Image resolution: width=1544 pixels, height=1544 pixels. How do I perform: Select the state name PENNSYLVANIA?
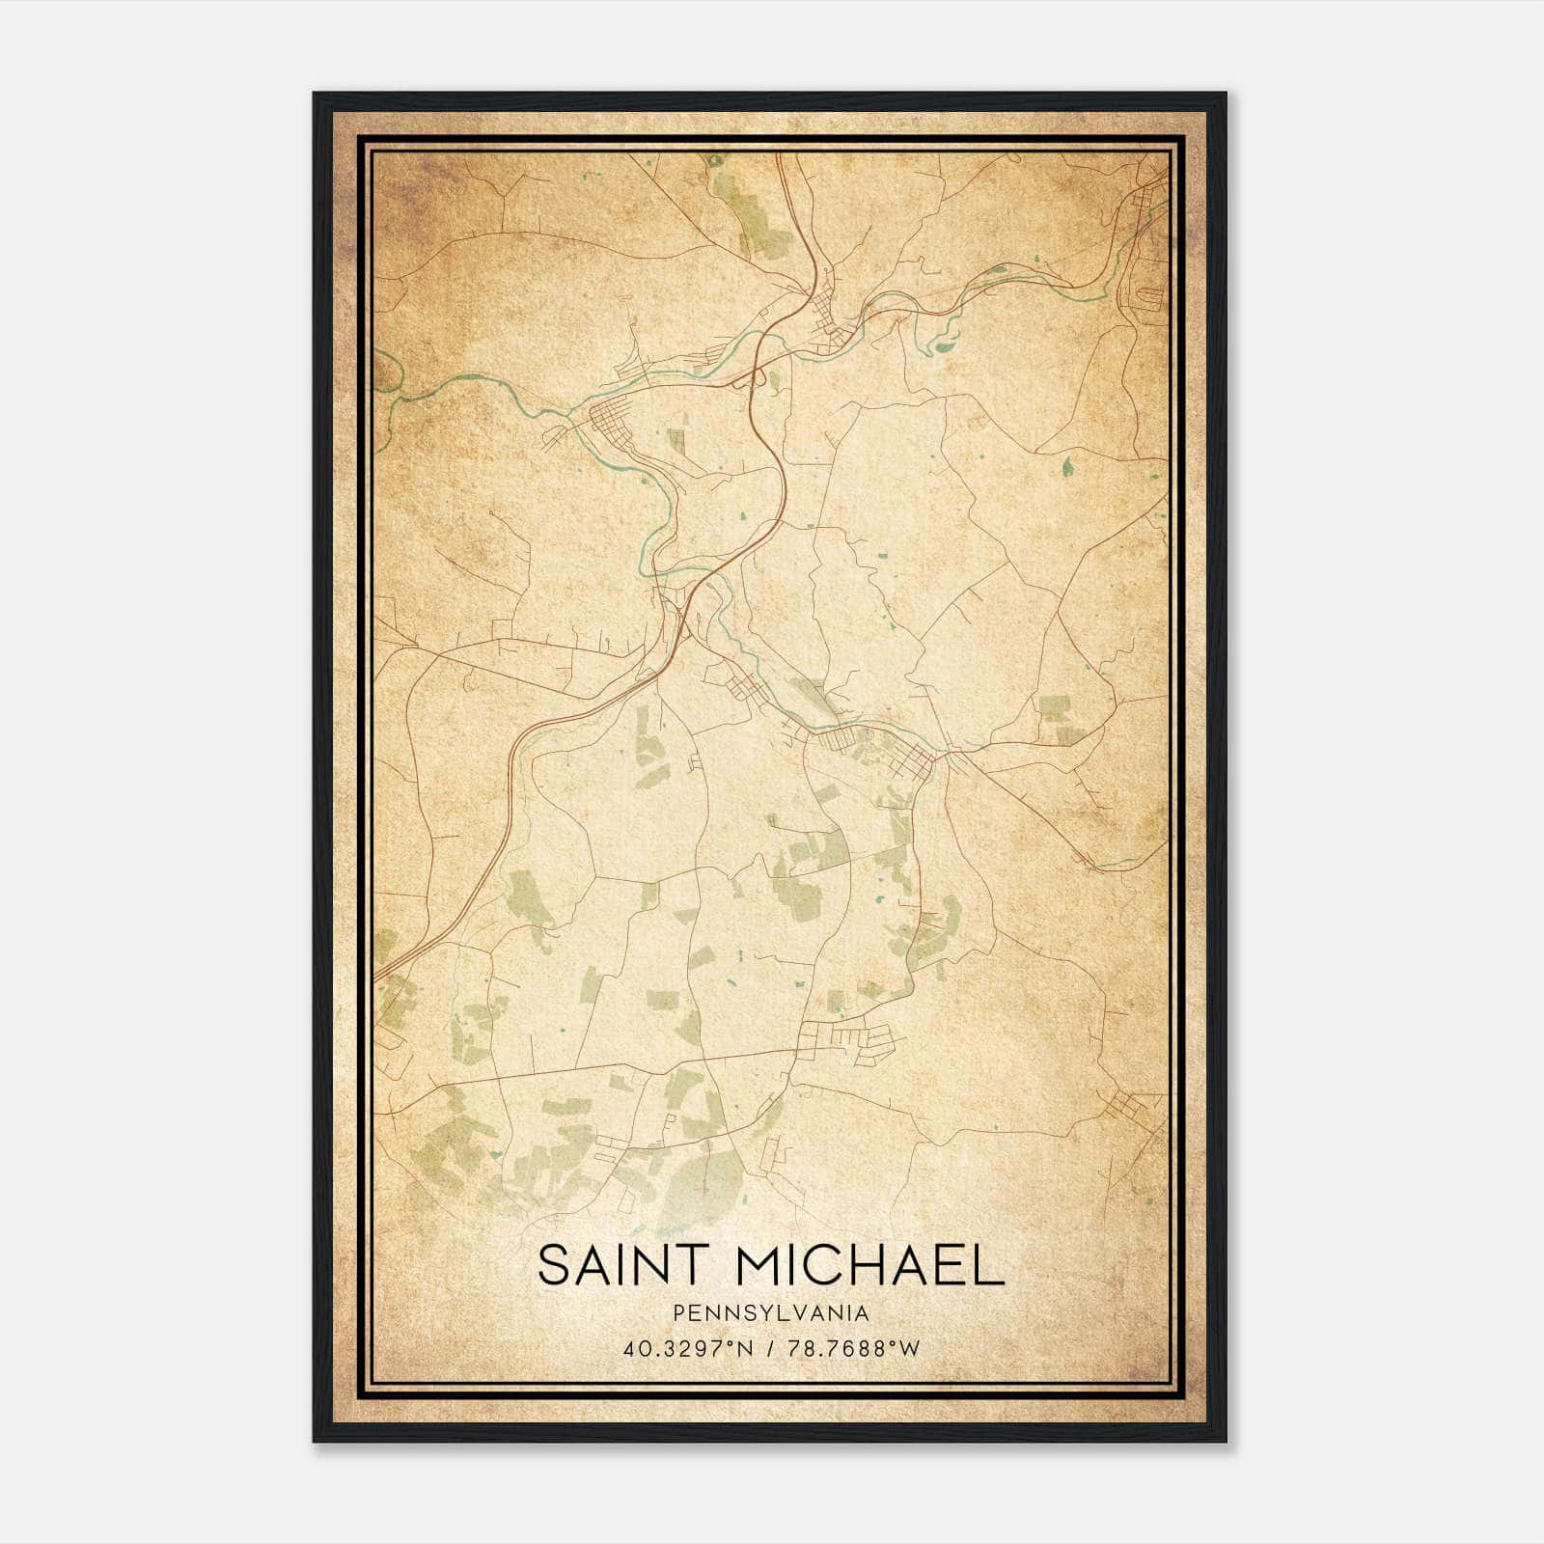[x=771, y=1313]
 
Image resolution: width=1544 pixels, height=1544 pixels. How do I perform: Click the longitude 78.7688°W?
[x=854, y=1348]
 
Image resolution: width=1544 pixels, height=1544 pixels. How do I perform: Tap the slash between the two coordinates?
[x=770, y=1348]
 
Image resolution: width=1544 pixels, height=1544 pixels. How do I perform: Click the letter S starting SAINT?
[x=552, y=1265]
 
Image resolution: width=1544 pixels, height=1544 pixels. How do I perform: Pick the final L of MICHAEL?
[x=991, y=1265]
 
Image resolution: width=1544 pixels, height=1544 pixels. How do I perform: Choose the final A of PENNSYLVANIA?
[x=862, y=1313]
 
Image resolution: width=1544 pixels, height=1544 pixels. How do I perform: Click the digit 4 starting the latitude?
[x=629, y=1348]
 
